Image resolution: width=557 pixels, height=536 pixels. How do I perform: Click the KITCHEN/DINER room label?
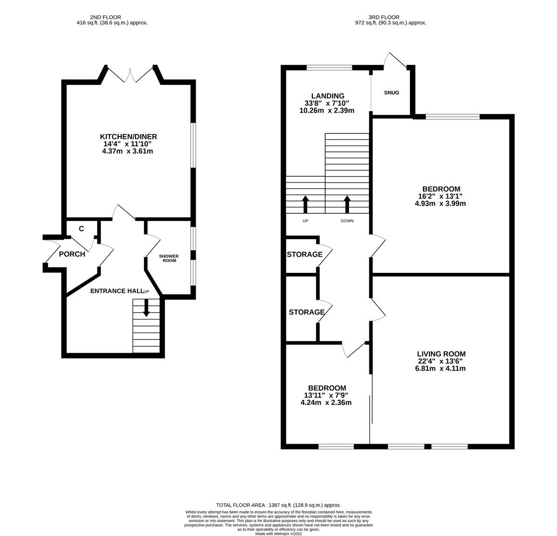(128, 136)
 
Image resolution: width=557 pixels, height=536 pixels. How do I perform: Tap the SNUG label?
(391, 93)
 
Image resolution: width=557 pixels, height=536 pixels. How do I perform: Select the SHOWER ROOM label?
(169, 259)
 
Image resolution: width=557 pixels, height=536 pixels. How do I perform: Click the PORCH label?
(72, 254)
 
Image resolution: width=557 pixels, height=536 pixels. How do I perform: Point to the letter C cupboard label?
(81, 229)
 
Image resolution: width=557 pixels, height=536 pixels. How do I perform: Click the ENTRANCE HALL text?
(116, 291)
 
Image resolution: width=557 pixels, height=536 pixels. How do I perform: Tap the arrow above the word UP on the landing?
(305, 204)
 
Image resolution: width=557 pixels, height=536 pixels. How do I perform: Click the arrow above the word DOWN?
(347, 204)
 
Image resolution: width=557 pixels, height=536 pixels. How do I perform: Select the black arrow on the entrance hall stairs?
(146, 308)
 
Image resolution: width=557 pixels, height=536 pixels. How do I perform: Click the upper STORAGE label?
(304, 255)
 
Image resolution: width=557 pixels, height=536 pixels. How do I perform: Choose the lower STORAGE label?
(306, 312)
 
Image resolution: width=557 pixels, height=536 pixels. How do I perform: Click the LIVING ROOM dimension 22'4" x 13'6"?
(441, 361)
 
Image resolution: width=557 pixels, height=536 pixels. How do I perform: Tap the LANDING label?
(328, 96)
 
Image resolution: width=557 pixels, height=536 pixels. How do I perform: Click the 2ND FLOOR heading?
(105, 17)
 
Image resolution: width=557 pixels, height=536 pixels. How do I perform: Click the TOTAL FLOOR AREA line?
(278, 505)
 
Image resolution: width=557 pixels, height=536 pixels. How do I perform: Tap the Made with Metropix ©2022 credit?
(278, 534)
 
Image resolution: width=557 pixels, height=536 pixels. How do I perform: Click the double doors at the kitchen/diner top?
(131, 74)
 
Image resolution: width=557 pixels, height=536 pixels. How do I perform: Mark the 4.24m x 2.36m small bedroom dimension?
(326, 402)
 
